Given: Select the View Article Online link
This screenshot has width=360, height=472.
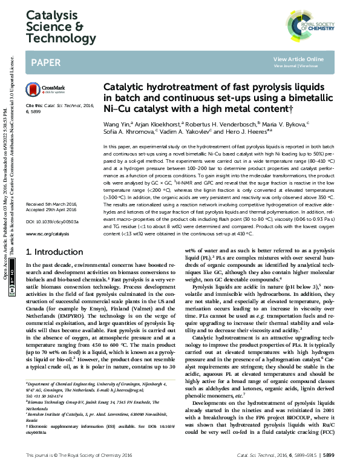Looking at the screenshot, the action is [x=298, y=59].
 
